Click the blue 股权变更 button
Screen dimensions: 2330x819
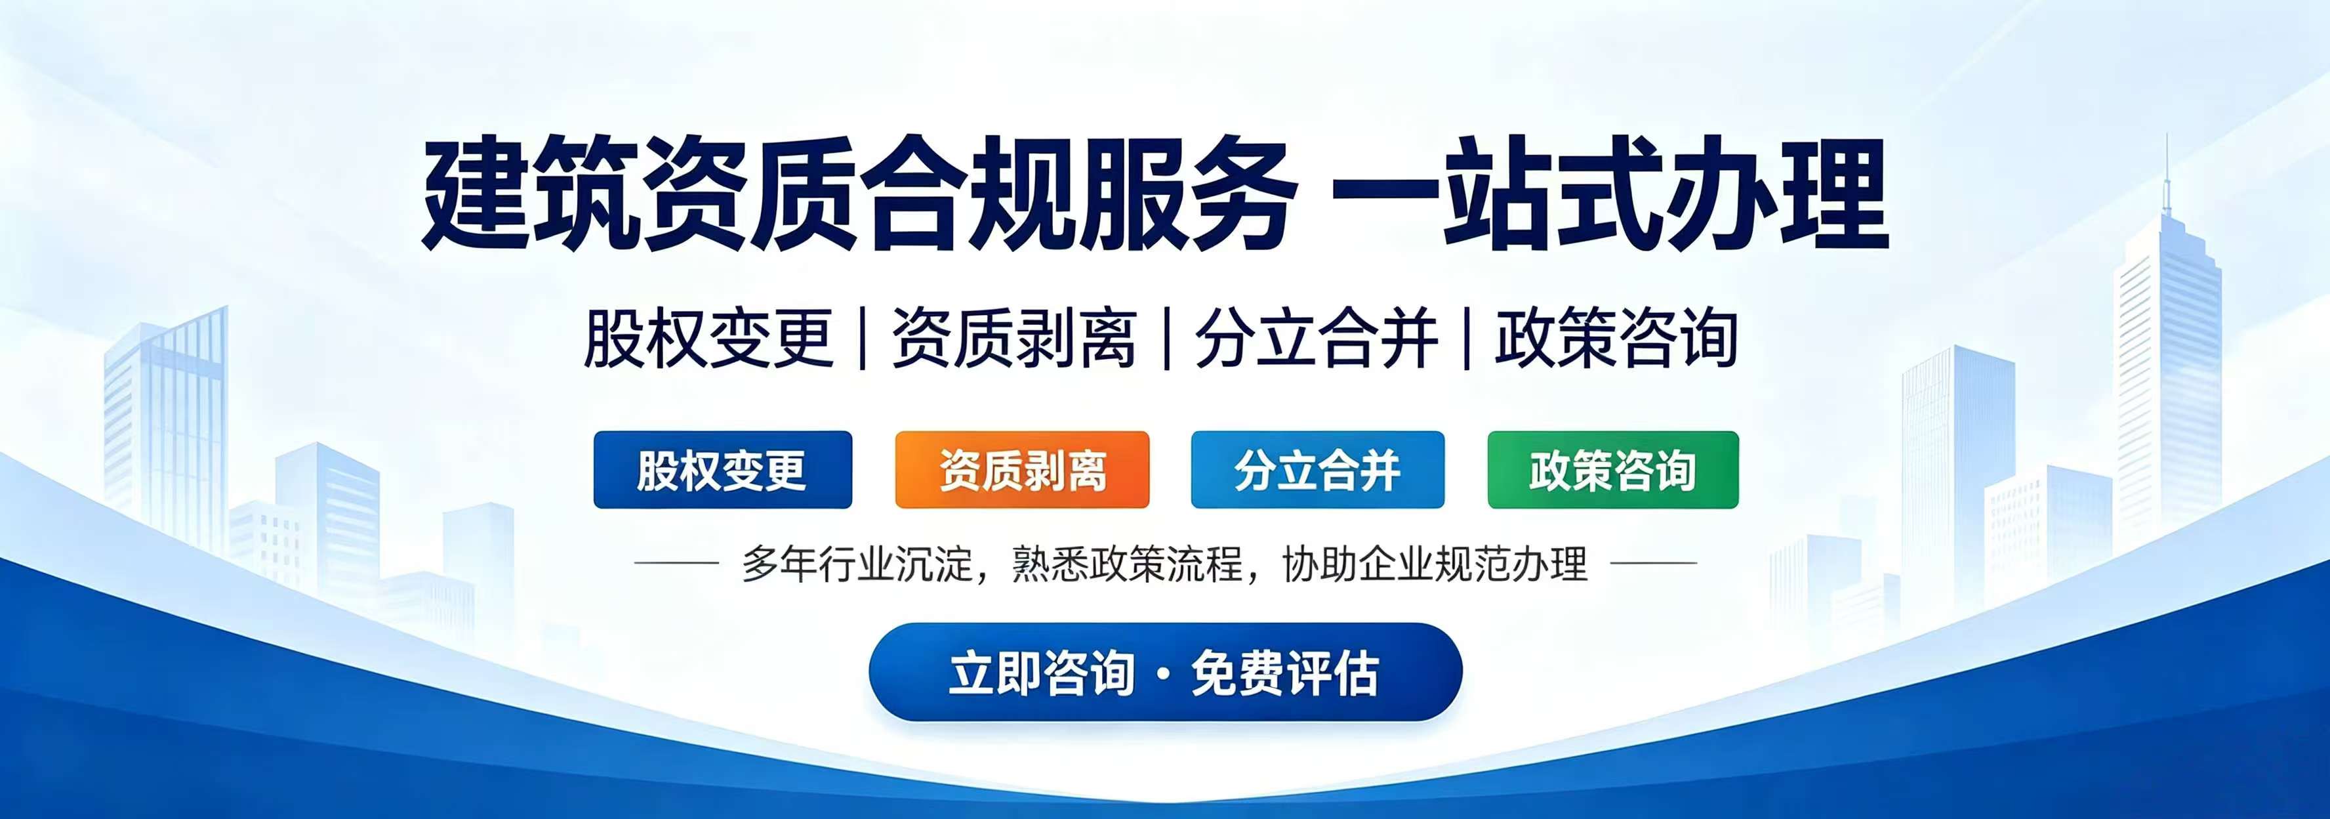tap(723, 470)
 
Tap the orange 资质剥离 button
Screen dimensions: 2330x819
tap(1022, 470)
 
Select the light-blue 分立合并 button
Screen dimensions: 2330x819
tap(1318, 470)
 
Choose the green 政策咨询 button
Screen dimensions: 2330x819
tap(1613, 470)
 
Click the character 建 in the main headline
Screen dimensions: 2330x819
tap(477, 193)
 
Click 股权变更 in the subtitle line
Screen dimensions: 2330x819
tap(708, 339)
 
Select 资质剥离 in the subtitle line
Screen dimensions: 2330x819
tap(1014, 339)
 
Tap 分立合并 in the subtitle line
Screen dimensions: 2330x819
tap(1317, 339)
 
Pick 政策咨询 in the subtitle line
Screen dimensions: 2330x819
tap(1616, 339)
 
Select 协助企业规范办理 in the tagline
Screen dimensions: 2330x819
tap(1435, 564)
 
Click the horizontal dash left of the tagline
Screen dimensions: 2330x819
tap(676, 563)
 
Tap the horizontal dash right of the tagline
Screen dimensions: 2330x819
tap(1654, 563)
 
